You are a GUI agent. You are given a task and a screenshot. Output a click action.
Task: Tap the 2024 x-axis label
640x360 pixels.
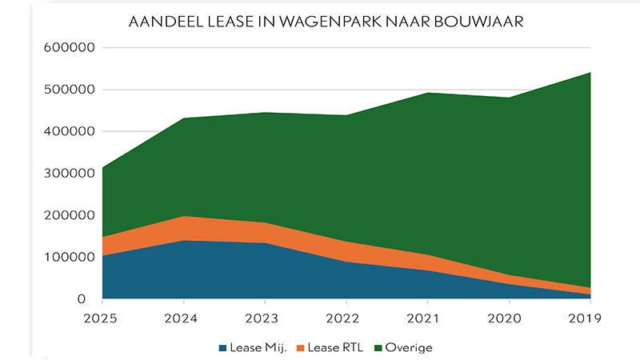point(185,317)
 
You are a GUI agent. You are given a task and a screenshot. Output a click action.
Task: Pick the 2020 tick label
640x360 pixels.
point(510,317)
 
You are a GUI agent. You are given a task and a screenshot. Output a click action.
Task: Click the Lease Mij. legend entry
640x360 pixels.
point(250,348)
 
